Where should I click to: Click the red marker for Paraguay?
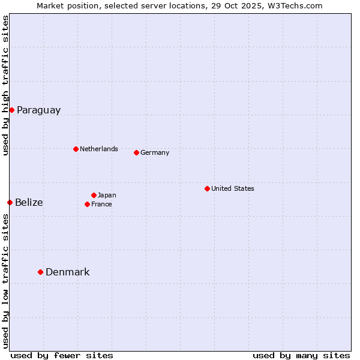[x=11, y=110]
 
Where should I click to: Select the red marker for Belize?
[x=10, y=202]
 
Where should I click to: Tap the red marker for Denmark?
[x=40, y=272]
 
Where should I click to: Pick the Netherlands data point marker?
[x=76, y=149]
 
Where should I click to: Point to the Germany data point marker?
[x=136, y=152]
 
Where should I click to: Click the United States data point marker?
[x=207, y=188]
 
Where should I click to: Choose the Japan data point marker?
[x=94, y=195]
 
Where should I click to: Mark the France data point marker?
[x=87, y=204]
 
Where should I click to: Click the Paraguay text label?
[x=38, y=110]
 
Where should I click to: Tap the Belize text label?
[x=29, y=203]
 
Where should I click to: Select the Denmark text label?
[x=67, y=272]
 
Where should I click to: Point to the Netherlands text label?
[x=98, y=149]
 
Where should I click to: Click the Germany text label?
[x=155, y=152]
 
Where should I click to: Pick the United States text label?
[x=232, y=188]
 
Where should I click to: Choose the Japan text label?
[x=107, y=195]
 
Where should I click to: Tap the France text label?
[x=101, y=204]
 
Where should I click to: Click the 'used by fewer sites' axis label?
[x=62, y=355]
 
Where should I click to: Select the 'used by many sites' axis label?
[x=301, y=355]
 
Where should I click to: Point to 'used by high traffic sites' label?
[x=5, y=85]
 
